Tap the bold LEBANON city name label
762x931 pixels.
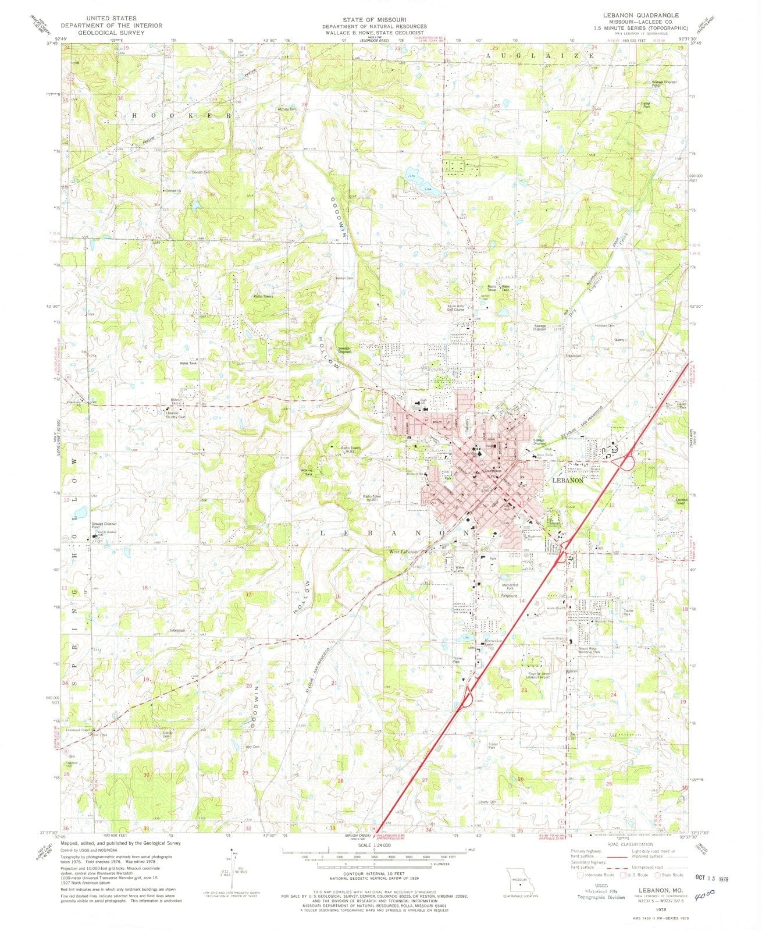click(567, 481)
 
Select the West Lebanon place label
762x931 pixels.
click(403, 551)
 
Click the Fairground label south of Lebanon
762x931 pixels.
click(509, 595)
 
